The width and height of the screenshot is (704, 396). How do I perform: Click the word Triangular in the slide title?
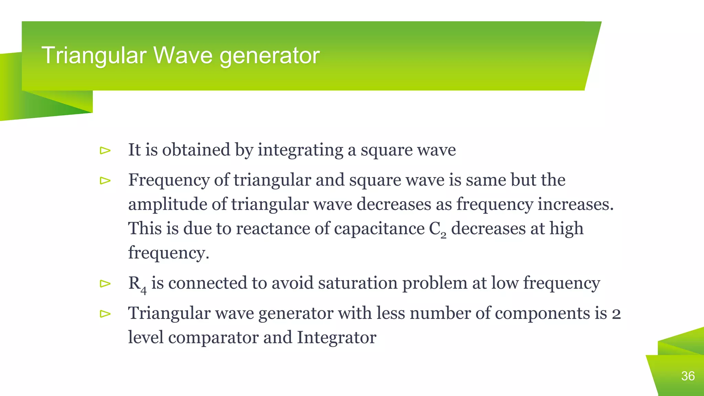pyautogui.click(x=94, y=55)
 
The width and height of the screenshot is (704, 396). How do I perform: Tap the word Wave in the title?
pyautogui.click(x=183, y=55)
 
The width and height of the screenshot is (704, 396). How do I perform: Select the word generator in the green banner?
pyautogui.click(x=269, y=56)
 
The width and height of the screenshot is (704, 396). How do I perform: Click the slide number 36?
pyautogui.click(x=688, y=376)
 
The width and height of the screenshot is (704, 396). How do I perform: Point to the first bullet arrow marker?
pyautogui.click(x=105, y=150)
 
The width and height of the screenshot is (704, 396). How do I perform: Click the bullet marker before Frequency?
pyautogui.click(x=105, y=180)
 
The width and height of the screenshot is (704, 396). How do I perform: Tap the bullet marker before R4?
pyautogui.click(x=105, y=284)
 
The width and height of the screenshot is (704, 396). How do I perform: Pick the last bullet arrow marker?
pyautogui.click(x=105, y=313)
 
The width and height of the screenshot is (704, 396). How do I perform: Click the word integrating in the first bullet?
pyautogui.click(x=300, y=150)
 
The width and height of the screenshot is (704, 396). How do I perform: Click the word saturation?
pyautogui.click(x=357, y=283)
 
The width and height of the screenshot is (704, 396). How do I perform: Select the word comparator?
pyautogui.click(x=213, y=338)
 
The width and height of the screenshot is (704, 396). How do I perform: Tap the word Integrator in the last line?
pyautogui.click(x=337, y=338)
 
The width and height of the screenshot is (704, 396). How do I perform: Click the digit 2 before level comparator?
pyautogui.click(x=616, y=314)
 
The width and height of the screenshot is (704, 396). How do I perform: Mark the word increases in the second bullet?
pyautogui.click(x=575, y=205)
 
